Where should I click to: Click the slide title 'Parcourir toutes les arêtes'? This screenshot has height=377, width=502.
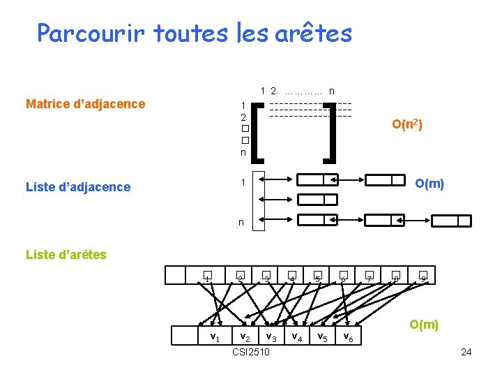click(195, 33)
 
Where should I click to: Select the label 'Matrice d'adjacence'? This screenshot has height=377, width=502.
click(85, 104)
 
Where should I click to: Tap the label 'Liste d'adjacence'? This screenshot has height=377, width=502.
click(77, 186)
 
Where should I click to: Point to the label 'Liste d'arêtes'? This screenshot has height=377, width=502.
click(66, 254)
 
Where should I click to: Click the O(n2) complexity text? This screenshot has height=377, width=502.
click(407, 124)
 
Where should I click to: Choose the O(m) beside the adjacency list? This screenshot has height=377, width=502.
click(429, 184)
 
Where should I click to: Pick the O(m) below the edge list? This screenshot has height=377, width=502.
click(424, 324)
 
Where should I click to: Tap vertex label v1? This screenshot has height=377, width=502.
click(216, 337)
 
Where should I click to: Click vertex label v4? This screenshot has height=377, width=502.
click(296, 337)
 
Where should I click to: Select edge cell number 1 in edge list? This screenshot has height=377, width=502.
click(208, 277)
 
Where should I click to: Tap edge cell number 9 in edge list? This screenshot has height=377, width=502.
click(423, 277)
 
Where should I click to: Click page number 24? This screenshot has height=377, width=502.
click(466, 352)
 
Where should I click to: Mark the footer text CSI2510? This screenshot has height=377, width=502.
click(251, 352)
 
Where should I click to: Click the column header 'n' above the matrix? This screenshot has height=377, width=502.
click(331, 90)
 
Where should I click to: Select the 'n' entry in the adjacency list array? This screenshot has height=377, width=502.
click(241, 222)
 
